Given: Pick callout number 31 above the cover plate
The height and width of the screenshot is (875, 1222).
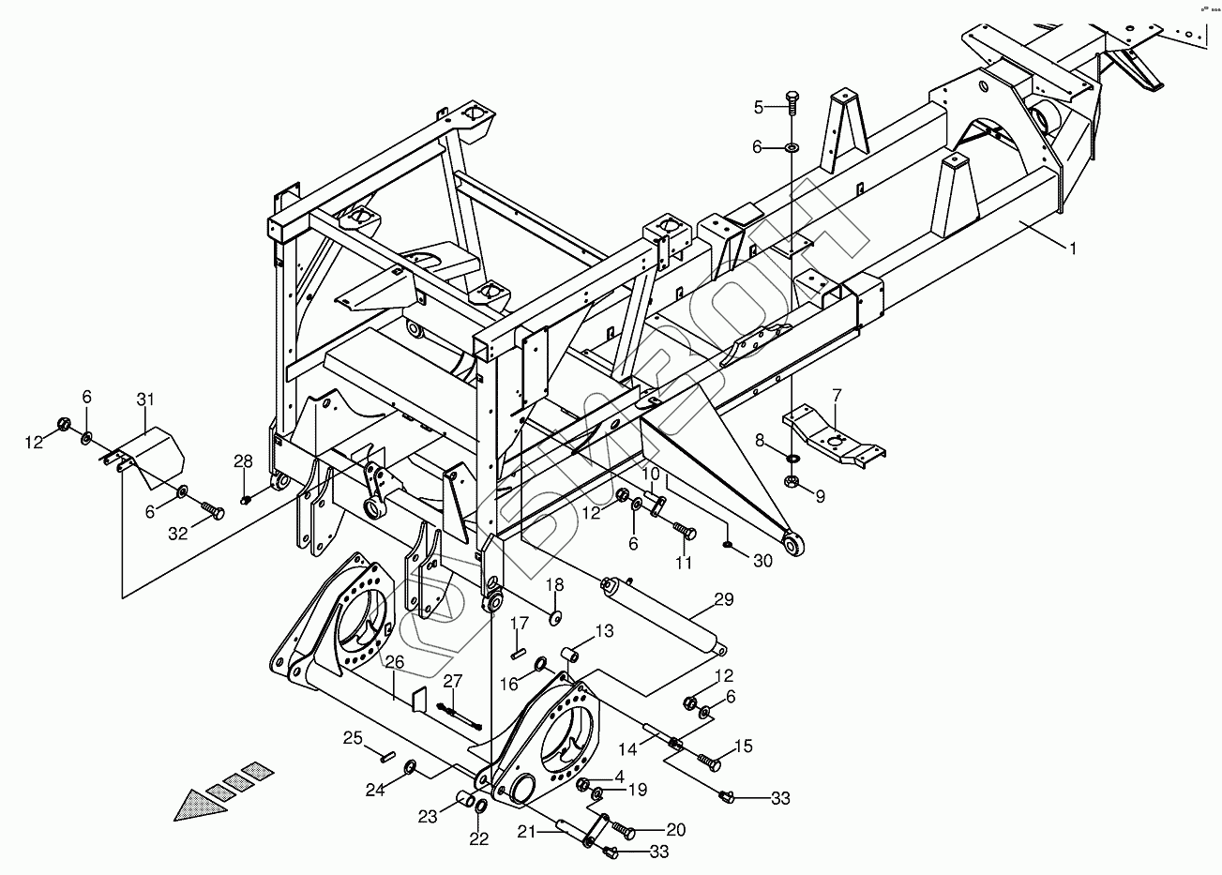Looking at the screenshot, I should click(144, 400).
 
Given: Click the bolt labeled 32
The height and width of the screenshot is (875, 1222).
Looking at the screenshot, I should click(214, 511).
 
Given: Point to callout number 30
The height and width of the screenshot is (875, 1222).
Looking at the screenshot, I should click(762, 560).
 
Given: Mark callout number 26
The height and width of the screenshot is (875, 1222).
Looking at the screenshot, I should click(395, 662).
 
